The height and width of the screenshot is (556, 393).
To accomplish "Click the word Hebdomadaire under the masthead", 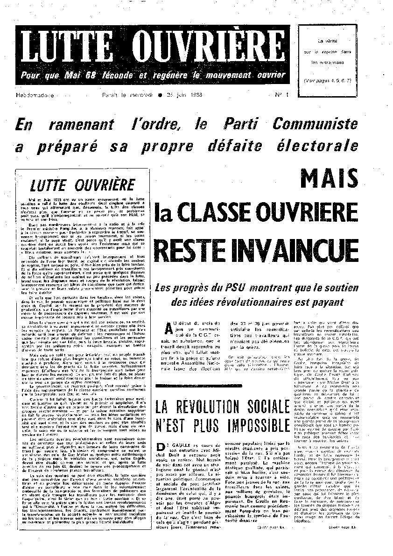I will pos(35,95).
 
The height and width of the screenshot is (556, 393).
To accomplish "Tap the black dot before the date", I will pos(160,95).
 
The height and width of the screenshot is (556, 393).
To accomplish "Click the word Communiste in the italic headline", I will pos(316,124).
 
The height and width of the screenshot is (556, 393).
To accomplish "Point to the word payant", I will pos(327,302).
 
